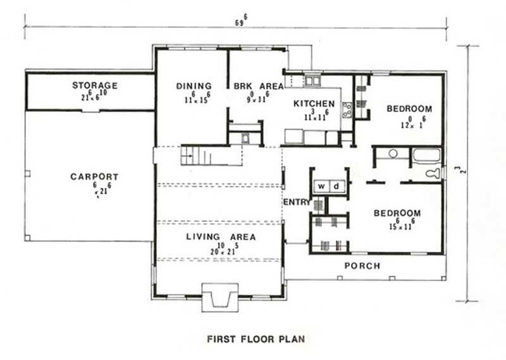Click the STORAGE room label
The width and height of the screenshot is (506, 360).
94,85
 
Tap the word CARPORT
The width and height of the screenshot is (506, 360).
94,177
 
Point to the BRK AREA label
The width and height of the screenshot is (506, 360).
257,86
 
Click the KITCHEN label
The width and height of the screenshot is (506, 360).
314,103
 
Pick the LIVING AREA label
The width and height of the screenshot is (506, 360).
221,237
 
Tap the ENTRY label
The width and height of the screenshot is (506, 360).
296,202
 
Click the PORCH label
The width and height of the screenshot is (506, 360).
362,266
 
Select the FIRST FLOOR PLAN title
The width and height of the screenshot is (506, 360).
256,339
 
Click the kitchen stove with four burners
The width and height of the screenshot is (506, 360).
347,110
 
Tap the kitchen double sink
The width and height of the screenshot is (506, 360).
312,80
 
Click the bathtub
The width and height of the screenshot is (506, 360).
426,155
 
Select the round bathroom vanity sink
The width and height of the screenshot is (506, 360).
392,154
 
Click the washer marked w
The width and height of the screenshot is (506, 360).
321,186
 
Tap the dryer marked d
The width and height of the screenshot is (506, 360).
336,186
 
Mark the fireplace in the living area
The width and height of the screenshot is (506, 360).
219,297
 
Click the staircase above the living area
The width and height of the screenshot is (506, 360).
194,154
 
